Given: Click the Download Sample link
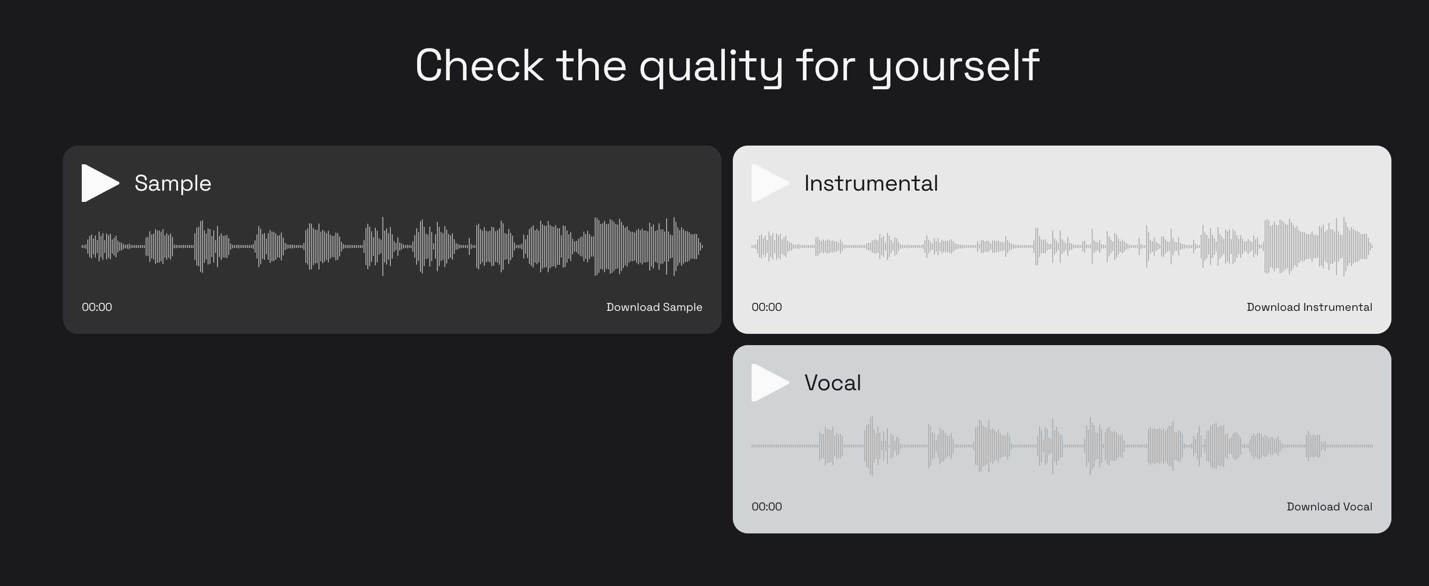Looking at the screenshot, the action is point(654,307).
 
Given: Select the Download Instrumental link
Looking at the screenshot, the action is point(1309,307).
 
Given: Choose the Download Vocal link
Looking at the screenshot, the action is point(1329,507).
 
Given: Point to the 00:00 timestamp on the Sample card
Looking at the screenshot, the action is point(97,307).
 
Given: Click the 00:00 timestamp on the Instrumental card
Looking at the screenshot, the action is point(767,307).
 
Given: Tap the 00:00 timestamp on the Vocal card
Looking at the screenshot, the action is point(767,507).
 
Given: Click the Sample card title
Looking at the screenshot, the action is point(172,184).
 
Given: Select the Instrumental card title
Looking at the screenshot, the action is point(871,183).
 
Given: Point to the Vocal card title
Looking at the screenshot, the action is point(833,383).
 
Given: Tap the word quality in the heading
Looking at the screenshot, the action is point(711,68).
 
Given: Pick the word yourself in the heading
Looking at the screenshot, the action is point(954,68).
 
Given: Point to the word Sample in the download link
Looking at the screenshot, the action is point(683,307).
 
